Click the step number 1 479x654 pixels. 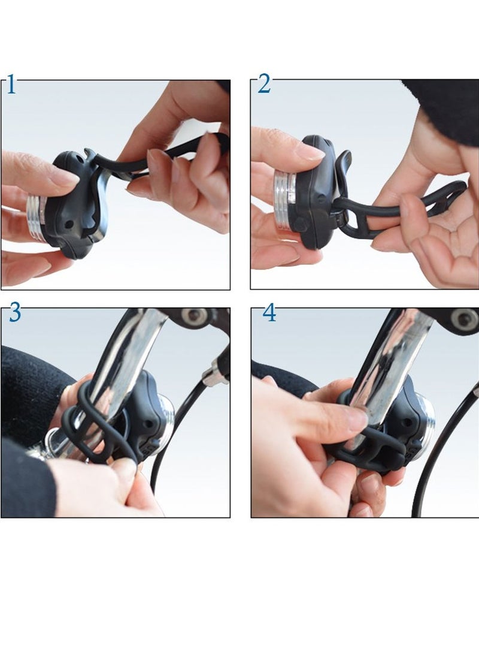point(11,85)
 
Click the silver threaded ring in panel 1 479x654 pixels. point(37,218)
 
